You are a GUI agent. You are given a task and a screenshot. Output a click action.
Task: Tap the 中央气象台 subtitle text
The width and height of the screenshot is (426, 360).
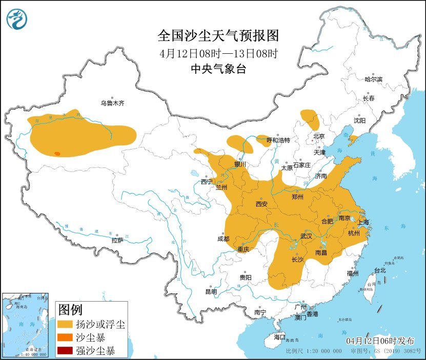coord(218,69)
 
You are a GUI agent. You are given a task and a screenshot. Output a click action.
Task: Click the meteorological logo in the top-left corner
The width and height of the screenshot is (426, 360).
coord(16,19)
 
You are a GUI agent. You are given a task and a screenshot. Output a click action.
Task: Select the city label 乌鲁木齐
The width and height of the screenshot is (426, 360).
coord(112,103)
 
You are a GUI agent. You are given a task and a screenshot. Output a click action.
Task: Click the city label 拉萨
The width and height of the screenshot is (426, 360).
coord(117,240)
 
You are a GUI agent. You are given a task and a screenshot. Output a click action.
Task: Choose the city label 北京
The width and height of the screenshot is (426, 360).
coord(319,136)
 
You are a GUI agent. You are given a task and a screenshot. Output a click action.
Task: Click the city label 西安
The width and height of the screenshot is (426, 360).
coord(261,204)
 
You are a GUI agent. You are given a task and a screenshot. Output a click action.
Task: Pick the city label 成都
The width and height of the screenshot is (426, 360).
coord(223,239)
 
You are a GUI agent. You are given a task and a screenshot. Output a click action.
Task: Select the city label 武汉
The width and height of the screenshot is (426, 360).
coord(307,236)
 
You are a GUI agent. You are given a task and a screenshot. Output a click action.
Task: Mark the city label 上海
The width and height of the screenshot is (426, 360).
coord(363,223)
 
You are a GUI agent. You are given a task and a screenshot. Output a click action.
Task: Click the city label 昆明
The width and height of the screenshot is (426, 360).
coord(211,291)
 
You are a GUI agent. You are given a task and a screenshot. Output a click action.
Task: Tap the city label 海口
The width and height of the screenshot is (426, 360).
coord(279,337)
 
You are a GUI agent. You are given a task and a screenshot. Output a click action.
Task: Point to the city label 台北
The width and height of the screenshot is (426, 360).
coord(379,270)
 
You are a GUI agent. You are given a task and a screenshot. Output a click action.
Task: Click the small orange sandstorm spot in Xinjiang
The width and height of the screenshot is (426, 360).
coord(57,153)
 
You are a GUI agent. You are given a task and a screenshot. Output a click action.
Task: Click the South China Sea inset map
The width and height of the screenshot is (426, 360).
coord(26,325)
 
